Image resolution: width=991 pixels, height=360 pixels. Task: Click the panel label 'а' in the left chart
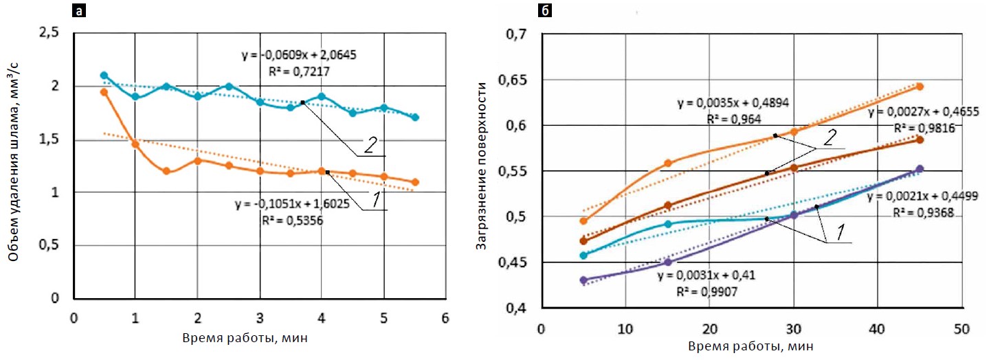coord(81,10)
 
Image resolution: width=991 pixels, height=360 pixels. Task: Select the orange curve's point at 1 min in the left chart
coord(135,144)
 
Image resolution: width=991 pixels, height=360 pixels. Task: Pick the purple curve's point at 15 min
coord(668,262)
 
